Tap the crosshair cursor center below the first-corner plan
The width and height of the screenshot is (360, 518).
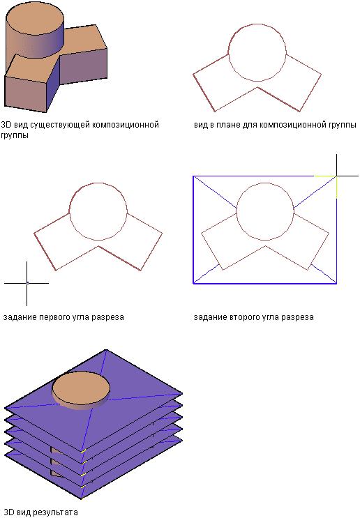(27, 283)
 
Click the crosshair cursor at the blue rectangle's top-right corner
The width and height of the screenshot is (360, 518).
(336, 176)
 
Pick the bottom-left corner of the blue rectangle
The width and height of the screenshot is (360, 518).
(193, 284)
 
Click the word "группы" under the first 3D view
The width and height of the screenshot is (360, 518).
(15, 135)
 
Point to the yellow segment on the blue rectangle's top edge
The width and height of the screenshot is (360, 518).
(325, 176)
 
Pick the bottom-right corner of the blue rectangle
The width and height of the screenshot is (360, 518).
(336, 284)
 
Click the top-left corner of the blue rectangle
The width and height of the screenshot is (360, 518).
(193, 176)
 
